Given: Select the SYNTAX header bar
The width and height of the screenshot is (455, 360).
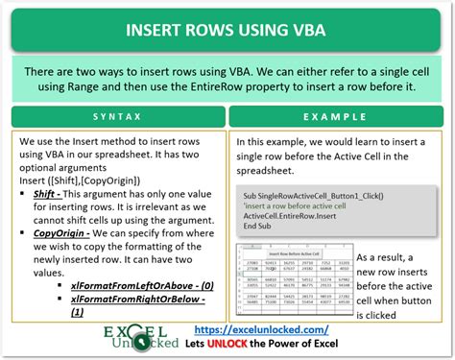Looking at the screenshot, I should click(113, 118).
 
